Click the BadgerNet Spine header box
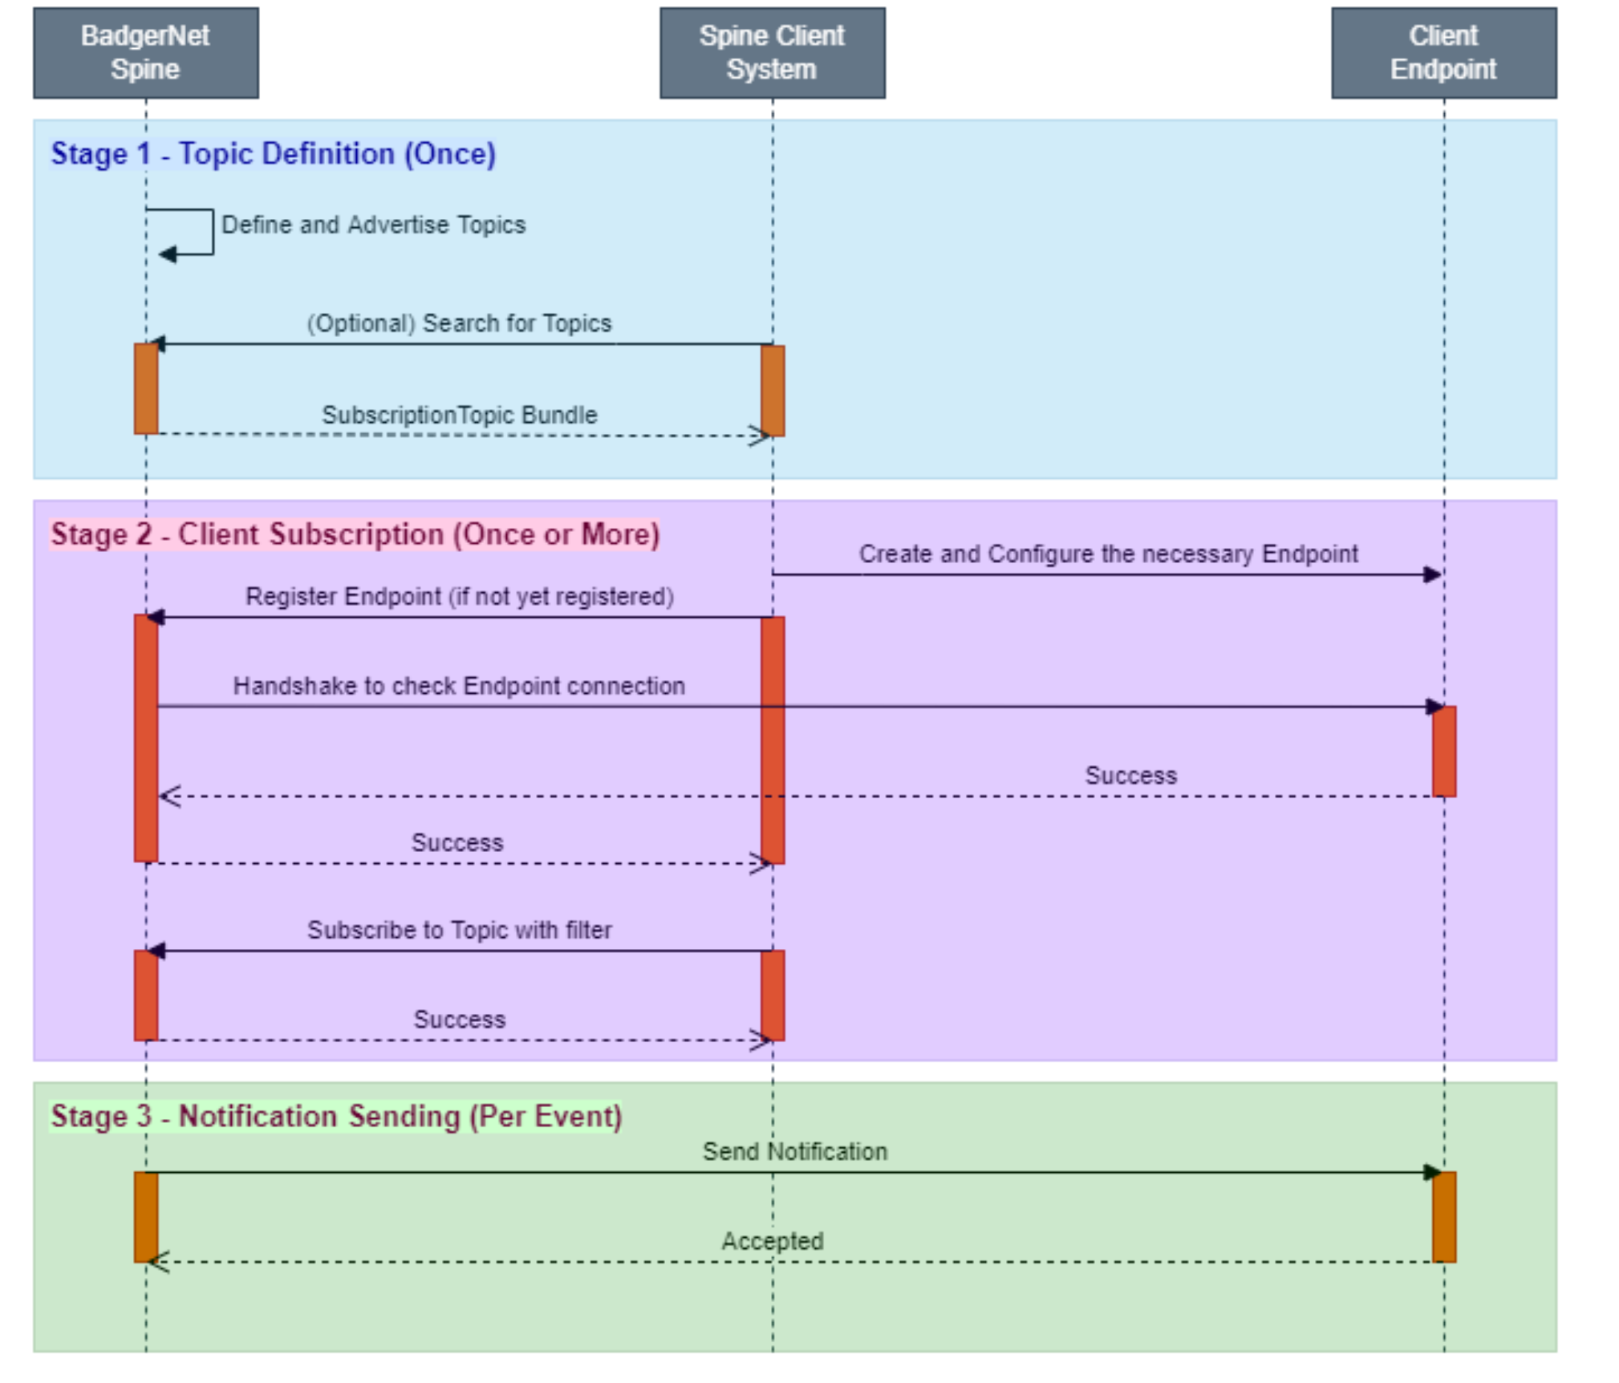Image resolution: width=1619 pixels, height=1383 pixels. pos(146,53)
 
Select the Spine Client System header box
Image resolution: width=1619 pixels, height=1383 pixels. pos(772,53)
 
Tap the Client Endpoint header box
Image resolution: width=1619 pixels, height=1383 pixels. pos(1443,53)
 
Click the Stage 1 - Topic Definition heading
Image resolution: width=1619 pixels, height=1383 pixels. pos(274,153)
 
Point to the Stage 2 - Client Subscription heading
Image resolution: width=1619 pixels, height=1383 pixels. pos(355,534)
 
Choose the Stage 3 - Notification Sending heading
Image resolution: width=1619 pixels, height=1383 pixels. pos(336,1116)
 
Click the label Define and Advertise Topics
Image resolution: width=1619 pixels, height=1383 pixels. pos(373,225)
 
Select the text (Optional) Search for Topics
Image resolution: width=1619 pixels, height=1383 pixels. pos(459,323)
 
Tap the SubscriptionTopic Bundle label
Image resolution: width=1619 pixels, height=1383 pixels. pos(460,415)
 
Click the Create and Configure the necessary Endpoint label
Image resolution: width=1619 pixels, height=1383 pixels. pos(1108,554)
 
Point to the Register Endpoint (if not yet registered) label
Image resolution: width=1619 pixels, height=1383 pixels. pos(459,596)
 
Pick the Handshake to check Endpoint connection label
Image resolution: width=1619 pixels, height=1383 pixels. pos(459,686)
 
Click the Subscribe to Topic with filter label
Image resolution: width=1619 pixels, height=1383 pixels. pos(459,930)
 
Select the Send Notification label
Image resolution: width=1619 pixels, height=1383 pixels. pos(795,1151)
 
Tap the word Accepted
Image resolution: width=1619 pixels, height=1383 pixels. pos(772,1241)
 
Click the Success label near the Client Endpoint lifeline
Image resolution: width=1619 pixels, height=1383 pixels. pos(1130,776)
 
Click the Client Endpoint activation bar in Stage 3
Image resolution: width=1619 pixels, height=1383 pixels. pos(1444,1217)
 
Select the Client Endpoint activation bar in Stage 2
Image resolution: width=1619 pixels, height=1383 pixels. pos(1444,752)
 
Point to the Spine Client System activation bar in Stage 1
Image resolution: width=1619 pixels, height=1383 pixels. pos(773,391)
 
